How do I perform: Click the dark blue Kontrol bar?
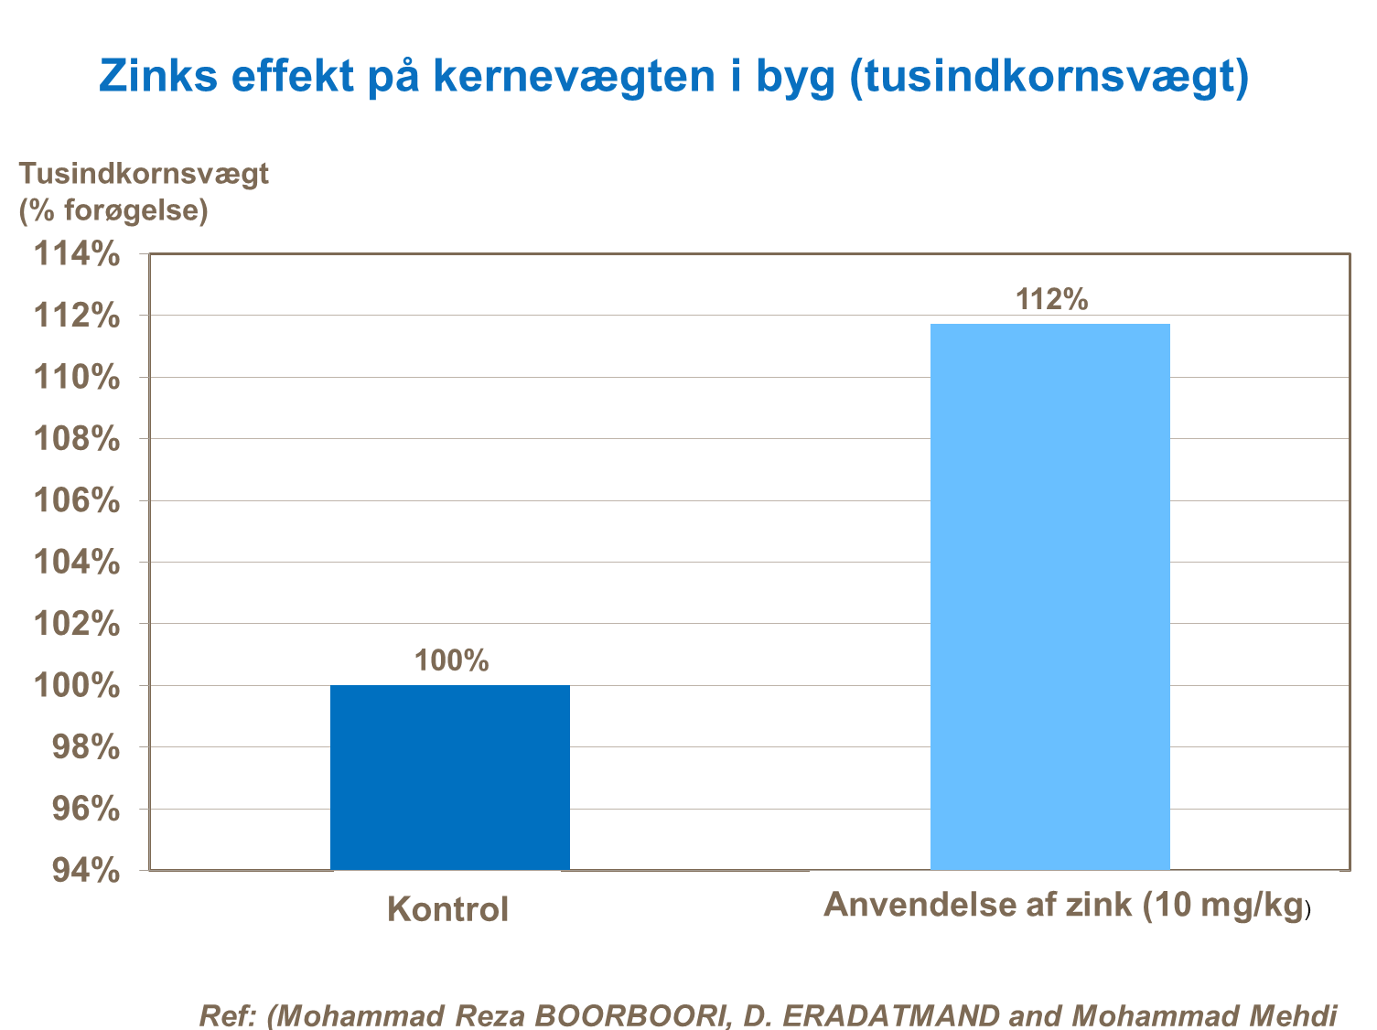click(449, 777)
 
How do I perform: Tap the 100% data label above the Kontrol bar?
click(451, 660)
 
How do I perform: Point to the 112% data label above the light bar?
click(1051, 299)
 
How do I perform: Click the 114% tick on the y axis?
click(77, 254)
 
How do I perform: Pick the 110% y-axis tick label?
click(77, 377)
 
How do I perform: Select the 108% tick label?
click(77, 439)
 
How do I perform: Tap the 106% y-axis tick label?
click(77, 500)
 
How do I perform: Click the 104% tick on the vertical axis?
click(77, 563)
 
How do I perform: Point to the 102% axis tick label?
click(77, 624)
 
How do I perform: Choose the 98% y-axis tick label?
click(85, 747)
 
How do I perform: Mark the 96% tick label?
click(85, 809)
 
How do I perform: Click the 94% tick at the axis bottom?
click(85, 871)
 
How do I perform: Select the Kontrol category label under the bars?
click(447, 909)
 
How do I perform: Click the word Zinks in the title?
click(158, 75)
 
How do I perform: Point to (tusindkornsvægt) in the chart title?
click(1049, 77)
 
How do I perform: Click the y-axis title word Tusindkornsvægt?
click(145, 173)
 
